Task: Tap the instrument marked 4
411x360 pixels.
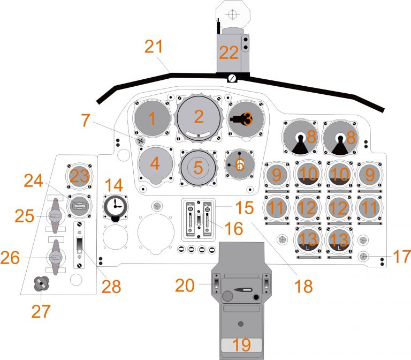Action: point(155,164)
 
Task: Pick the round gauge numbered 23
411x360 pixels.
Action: point(79,177)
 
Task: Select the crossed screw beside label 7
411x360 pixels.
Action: point(141,140)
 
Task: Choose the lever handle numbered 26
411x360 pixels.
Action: point(54,257)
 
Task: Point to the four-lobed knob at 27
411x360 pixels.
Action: point(41,284)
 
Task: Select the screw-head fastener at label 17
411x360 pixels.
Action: point(363,256)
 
